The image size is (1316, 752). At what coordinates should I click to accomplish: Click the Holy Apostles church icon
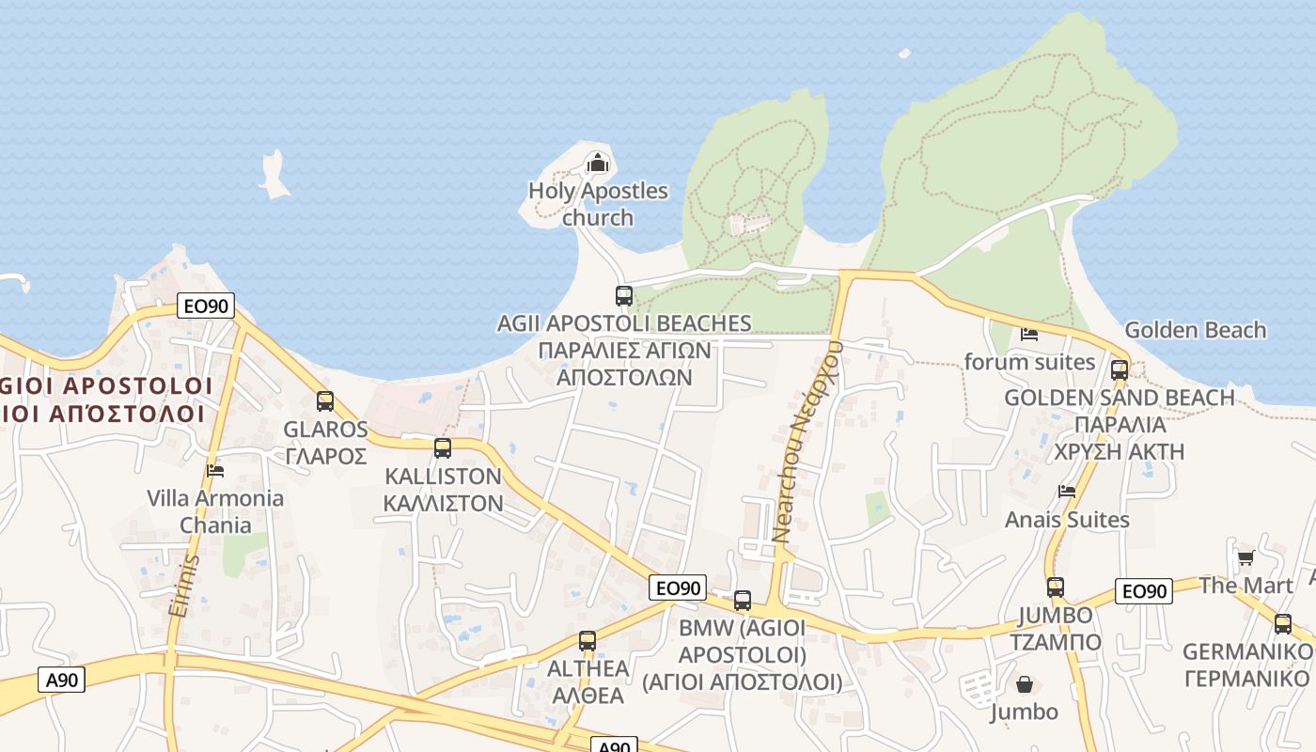(597, 164)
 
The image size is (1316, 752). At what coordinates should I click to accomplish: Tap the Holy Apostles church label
(598, 204)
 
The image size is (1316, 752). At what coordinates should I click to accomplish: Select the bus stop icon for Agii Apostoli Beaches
(623, 296)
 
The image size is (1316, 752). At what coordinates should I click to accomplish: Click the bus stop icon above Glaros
(325, 401)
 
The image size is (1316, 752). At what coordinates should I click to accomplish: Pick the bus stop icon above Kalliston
(443, 448)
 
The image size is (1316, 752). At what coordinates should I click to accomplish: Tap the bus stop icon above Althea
(587, 641)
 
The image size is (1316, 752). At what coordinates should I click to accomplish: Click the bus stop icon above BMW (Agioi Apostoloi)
(743, 600)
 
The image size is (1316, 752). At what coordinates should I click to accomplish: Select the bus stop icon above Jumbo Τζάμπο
(1056, 587)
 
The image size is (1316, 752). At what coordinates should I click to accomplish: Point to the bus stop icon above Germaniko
(1283, 623)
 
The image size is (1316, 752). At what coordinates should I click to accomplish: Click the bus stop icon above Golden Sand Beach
(1119, 369)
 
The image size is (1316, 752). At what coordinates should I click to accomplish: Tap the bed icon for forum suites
(1029, 334)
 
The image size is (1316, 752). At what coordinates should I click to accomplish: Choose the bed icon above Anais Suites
(1066, 491)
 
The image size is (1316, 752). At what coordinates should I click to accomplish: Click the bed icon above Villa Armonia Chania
(215, 470)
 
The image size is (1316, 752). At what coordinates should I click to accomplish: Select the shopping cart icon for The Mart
(1245, 557)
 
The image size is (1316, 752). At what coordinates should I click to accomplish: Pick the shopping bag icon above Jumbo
(1024, 683)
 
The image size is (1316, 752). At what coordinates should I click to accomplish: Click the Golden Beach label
(1195, 330)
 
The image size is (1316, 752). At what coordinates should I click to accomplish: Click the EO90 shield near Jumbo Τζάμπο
(1144, 591)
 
